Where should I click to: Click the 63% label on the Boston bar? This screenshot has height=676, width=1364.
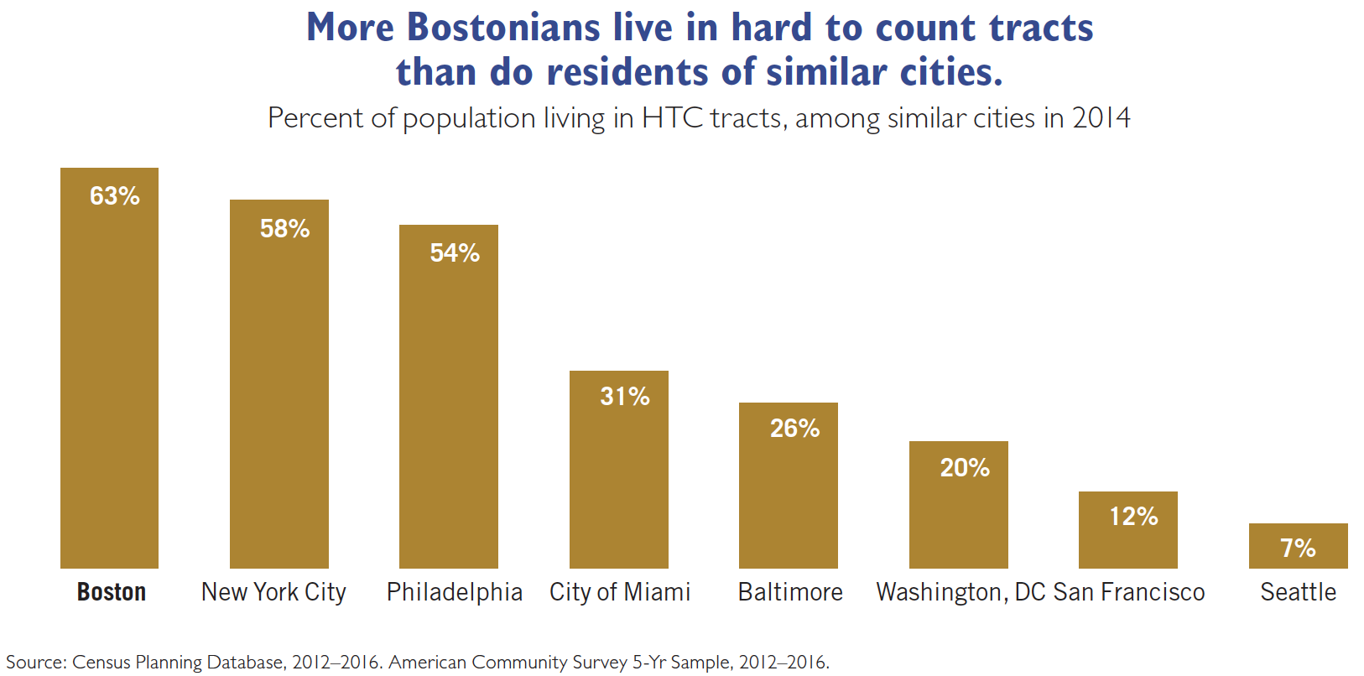click(x=115, y=196)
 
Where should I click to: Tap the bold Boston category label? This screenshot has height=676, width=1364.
click(x=112, y=592)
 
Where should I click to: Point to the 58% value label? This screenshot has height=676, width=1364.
click(x=284, y=229)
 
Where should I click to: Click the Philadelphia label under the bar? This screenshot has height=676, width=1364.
click(x=454, y=592)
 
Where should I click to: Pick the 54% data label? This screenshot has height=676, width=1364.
click(x=455, y=253)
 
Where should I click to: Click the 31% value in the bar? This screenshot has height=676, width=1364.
click(x=625, y=397)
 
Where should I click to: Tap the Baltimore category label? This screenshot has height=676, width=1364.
click(x=790, y=592)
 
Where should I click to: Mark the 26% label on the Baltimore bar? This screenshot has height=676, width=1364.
click(x=794, y=429)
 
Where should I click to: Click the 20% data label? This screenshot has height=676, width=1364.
click(x=965, y=468)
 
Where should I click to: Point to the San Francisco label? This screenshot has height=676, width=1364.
click(x=1129, y=592)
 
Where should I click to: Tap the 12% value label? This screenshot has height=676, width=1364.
click(x=1133, y=517)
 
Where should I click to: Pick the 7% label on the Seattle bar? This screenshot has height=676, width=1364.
click(x=1298, y=549)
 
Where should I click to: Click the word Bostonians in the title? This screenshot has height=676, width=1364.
click(x=503, y=28)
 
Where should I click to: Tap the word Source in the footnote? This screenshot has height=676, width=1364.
click(x=35, y=662)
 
